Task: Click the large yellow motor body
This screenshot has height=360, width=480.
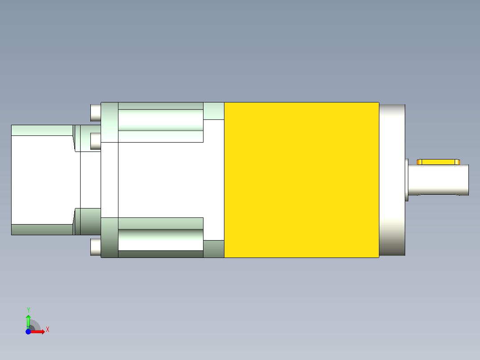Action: pyautogui.click(x=301, y=180)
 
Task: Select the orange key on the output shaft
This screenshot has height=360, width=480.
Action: pyautogui.click(x=438, y=162)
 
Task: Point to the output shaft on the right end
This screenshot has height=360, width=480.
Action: pyautogui.click(x=441, y=180)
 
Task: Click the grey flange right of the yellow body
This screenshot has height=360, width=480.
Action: pyautogui.click(x=392, y=180)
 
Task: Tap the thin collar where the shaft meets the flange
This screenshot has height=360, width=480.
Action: pyautogui.click(x=407, y=180)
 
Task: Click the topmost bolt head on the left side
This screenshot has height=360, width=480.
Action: pyautogui.click(x=95, y=113)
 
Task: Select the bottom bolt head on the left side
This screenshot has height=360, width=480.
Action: pyautogui.click(x=95, y=247)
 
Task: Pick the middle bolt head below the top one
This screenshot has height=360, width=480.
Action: pyautogui.click(x=95, y=141)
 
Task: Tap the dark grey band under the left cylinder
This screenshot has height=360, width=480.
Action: pyautogui.click(x=42, y=229)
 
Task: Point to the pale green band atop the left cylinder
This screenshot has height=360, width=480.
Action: pyautogui.click(x=42, y=130)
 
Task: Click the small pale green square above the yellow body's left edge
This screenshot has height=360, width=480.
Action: pyautogui.click(x=214, y=111)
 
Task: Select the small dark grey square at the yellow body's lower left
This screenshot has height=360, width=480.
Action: pyautogui.click(x=214, y=249)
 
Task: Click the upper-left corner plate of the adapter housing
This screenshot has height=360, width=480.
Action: pyautogui.click(x=110, y=122)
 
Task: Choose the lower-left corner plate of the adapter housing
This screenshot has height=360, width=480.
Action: pyautogui.click(x=110, y=237)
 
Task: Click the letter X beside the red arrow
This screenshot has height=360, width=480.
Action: pyautogui.click(x=47, y=330)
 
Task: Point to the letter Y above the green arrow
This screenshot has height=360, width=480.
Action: pyautogui.click(x=28, y=310)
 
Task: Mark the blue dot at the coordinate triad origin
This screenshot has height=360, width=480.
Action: pyautogui.click(x=28, y=331)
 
